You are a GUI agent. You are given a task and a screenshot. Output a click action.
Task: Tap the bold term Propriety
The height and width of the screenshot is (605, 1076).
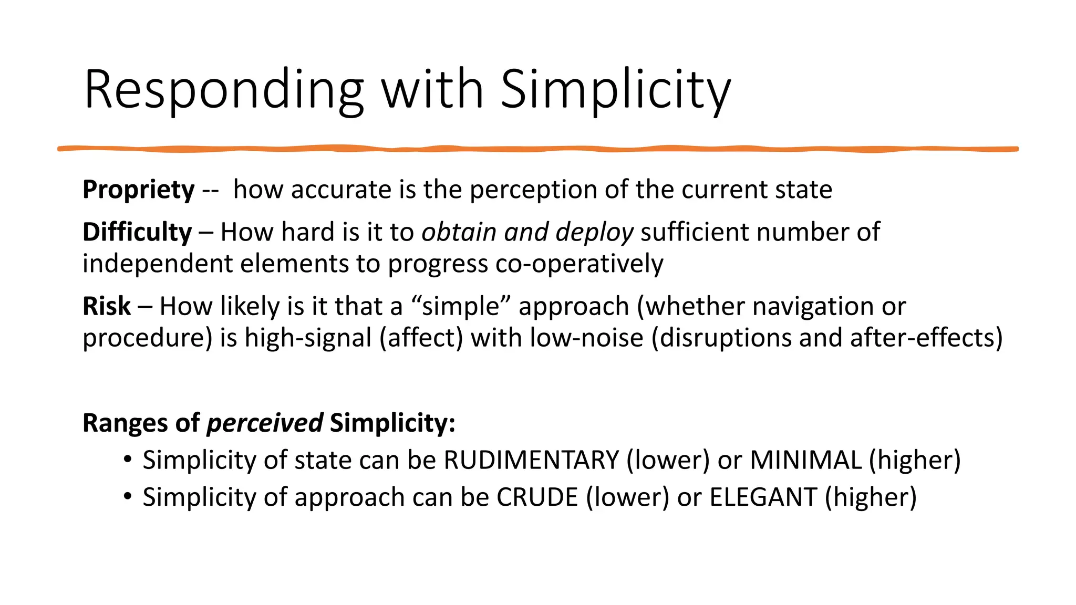point(139,190)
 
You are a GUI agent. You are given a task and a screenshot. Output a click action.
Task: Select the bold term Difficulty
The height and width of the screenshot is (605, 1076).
point(137,232)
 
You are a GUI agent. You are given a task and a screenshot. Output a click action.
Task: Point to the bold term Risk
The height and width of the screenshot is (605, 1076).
point(107,306)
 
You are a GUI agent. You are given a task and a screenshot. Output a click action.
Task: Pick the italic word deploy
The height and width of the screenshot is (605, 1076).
point(595,232)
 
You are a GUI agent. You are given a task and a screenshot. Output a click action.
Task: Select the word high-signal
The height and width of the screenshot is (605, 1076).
point(308,338)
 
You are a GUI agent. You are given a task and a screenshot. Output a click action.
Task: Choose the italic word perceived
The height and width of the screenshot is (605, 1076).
point(265,423)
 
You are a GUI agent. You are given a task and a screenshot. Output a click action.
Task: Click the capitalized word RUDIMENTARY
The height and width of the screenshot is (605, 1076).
point(532,460)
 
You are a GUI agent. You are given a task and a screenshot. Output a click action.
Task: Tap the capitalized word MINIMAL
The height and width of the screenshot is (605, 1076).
point(805,460)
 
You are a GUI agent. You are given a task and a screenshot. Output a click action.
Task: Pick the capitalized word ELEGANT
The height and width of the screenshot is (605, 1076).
point(763,497)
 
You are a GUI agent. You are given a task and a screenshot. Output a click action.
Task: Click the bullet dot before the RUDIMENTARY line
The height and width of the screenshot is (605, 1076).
point(127,460)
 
